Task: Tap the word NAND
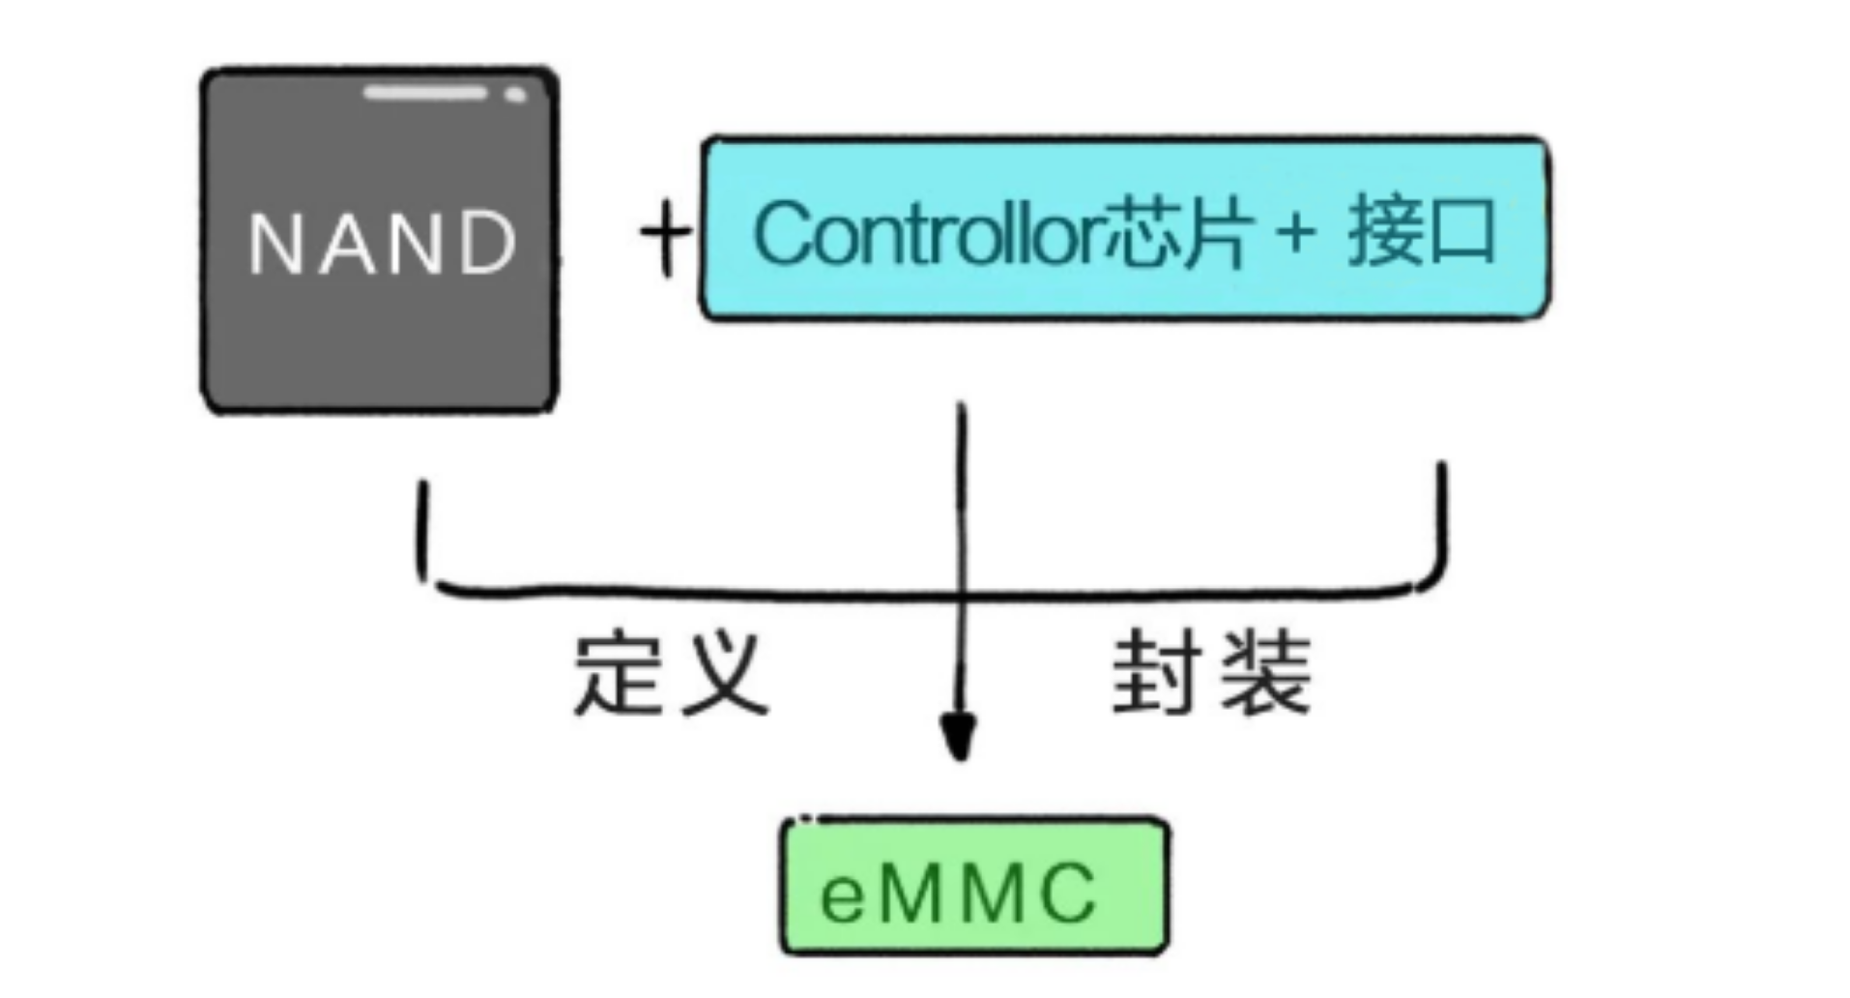[x=383, y=243]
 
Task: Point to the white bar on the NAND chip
[x=425, y=93]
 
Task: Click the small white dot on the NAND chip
[x=515, y=95]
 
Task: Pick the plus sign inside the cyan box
[x=1296, y=234]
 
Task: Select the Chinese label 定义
[x=671, y=674]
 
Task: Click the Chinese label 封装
[x=1211, y=674]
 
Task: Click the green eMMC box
[x=974, y=887]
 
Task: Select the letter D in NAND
[x=488, y=244]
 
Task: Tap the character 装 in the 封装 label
[x=1266, y=674]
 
